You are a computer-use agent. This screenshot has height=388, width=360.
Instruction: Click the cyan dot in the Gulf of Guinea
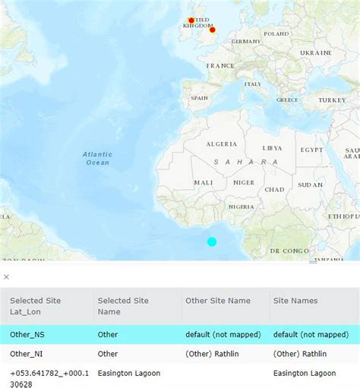(212, 241)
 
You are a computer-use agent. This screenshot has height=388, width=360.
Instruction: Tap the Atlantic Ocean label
(97, 159)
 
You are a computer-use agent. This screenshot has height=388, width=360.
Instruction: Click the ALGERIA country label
(222, 144)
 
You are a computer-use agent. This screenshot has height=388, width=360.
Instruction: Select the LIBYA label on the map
(272, 148)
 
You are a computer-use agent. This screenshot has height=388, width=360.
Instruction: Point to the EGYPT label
(311, 150)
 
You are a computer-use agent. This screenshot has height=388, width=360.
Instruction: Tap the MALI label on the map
(204, 183)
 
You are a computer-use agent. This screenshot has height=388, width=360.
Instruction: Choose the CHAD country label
(274, 189)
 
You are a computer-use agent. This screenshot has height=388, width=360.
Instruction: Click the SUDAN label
(310, 185)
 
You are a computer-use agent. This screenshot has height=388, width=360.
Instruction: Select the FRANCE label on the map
(221, 66)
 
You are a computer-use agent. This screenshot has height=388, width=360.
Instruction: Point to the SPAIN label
(199, 98)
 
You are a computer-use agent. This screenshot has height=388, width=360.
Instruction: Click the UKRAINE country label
(315, 53)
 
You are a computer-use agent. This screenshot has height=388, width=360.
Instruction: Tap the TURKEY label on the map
(332, 100)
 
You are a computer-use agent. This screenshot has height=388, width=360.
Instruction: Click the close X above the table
(7, 277)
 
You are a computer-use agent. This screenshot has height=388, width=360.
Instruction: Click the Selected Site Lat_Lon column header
(35, 307)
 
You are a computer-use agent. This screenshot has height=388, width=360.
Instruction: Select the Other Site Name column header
(217, 301)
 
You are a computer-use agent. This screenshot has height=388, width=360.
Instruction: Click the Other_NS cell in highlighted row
(27, 334)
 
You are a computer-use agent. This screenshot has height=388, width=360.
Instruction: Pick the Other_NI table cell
(26, 354)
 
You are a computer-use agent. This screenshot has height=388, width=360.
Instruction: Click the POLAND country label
(276, 34)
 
